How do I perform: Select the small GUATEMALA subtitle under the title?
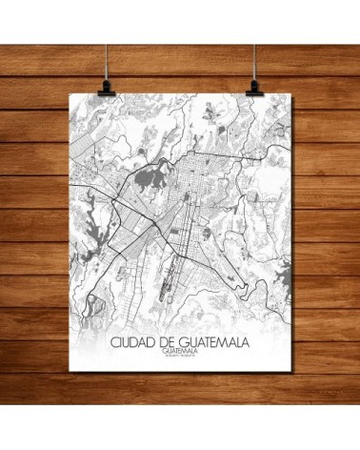pyautogui.click(x=181, y=350)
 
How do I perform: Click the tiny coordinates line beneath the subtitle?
pyautogui.click(x=181, y=357)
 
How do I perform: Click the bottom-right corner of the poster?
pyautogui.click(x=286, y=376)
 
